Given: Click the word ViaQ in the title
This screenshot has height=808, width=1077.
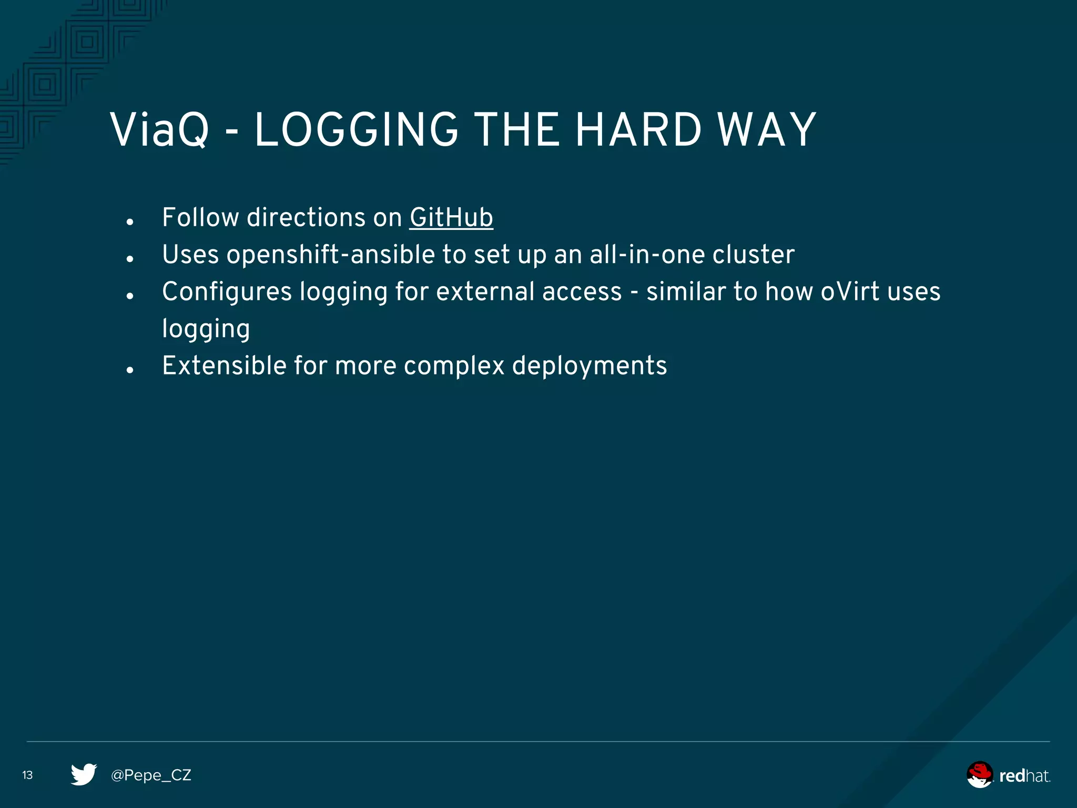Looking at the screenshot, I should [159, 130].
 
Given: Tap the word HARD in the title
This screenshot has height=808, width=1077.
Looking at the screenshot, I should [638, 130].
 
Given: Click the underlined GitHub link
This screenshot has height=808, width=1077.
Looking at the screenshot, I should [451, 218].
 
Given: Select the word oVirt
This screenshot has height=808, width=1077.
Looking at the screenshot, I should [850, 291].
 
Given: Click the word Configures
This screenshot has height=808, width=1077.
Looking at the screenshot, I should [227, 291].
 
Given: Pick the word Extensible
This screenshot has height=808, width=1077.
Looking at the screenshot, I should [224, 366].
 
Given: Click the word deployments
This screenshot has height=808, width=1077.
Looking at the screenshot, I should [590, 366].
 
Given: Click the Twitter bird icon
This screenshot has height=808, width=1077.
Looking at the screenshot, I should [84, 774].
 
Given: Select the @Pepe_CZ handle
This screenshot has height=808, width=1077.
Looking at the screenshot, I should [151, 775].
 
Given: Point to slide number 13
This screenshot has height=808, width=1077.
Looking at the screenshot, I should [27, 775].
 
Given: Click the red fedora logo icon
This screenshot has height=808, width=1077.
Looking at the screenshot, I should [979, 774].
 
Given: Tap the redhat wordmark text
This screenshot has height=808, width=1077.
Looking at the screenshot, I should [1024, 776].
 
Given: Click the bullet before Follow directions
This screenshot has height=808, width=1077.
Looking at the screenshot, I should [130, 222].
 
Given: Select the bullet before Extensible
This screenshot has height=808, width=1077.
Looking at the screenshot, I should [130, 370].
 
